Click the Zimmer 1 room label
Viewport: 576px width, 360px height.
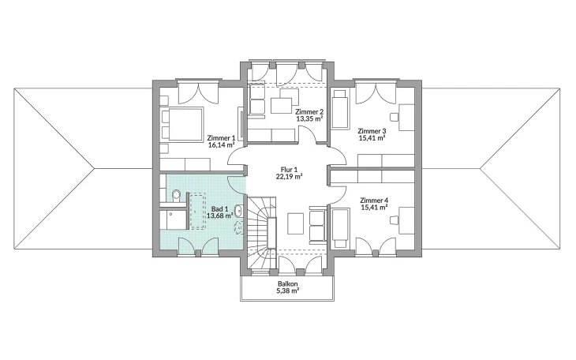(221, 138)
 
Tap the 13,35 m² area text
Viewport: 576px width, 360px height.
(309, 118)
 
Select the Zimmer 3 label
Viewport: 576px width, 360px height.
(372, 131)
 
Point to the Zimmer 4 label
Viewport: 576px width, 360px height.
(374, 201)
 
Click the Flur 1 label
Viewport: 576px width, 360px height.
(289, 170)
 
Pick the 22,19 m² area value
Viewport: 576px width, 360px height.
(289, 177)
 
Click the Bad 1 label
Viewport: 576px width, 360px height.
(219, 209)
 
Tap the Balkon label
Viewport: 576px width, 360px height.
(288, 284)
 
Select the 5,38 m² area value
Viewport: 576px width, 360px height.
(288, 291)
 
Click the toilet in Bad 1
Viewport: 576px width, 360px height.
(176, 195)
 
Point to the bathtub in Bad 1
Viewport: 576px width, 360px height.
(197, 212)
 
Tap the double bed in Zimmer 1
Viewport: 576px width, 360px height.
(182, 124)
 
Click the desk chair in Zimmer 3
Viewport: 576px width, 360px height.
(395, 117)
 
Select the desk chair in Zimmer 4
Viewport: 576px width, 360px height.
(395, 220)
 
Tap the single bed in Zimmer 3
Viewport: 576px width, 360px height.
(340, 110)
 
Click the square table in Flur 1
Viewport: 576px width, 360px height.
(296, 223)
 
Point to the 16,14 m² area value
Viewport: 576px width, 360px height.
(221, 145)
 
